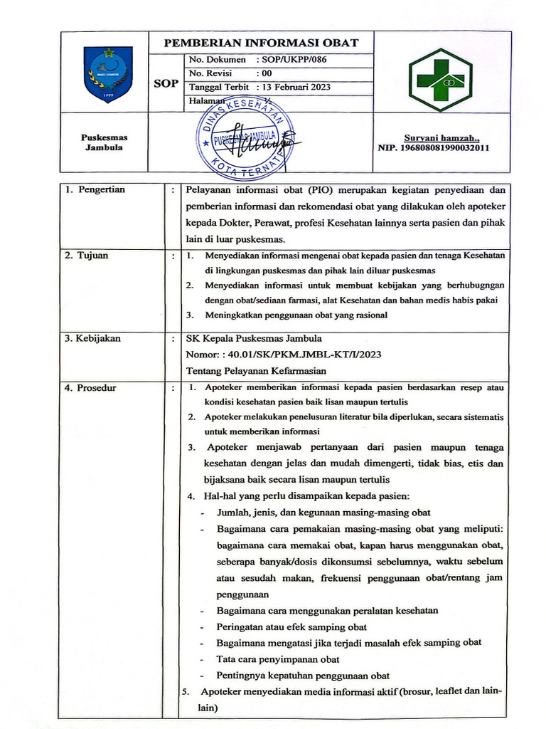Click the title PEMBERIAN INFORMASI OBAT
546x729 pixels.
click(x=262, y=43)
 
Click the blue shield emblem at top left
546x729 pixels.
click(x=108, y=73)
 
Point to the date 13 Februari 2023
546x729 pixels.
click(x=296, y=87)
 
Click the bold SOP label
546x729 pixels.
click(x=166, y=84)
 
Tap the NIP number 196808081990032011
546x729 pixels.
click(x=434, y=148)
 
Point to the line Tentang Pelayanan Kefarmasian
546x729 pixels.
click(x=256, y=370)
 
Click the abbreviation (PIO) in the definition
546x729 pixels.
click(x=323, y=190)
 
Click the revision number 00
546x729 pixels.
click(x=267, y=73)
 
